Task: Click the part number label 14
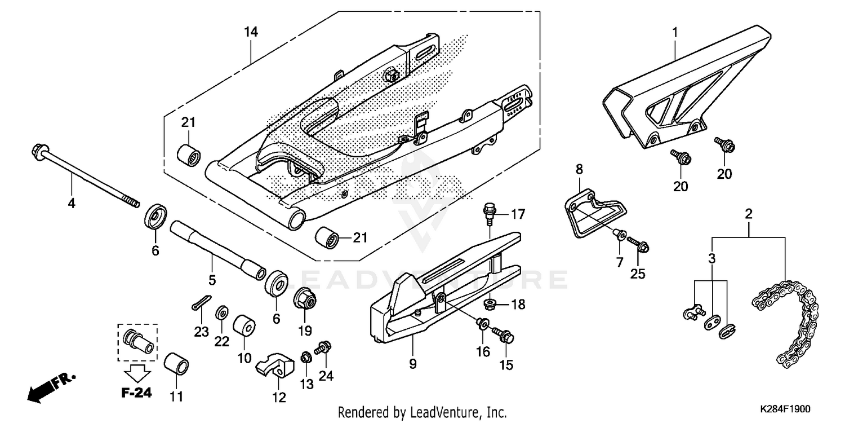(251, 32)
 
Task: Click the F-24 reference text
(136, 393)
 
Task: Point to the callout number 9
(412, 364)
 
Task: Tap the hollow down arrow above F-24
(137, 373)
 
